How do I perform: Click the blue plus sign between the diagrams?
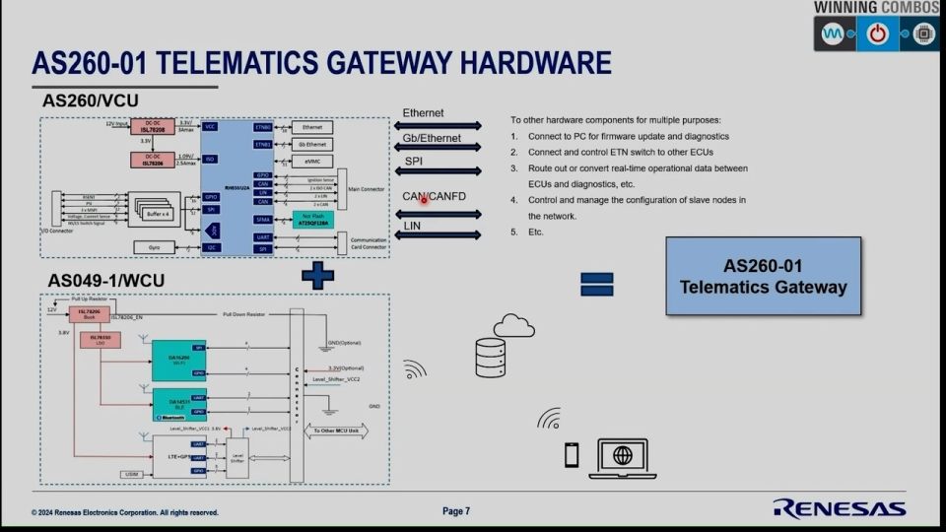pyautogui.click(x=317, y=275)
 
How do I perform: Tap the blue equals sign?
pyautogui.click(x=596, y=284)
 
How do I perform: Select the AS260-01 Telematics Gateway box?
pyautogui.click(x=763, y=276)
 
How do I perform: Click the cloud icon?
pyautogui.click(x=513, y=325)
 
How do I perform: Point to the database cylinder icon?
pyautogui.click(x=489, y=357)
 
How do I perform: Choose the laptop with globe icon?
pyautogui.click(x=622, y=458)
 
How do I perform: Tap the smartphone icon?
pyautogui.click(x=572, y=454)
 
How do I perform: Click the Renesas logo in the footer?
pyautogui.click(x=839, y=508)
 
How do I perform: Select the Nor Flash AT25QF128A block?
pyautogui.click(x=313, y=221)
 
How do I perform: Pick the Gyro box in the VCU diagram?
pyautogui.click(x=154, y=246)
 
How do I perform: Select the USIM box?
pyautogui.click(x=132, y=475)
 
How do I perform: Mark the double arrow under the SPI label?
pyautogui.click(x=438, y=171)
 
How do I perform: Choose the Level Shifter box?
pyautogui.click(x=237, y=458)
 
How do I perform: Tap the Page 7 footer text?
pyautogui.click(x=456, y=511)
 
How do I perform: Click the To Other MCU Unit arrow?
pyautogui.click(x=334, y=432)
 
